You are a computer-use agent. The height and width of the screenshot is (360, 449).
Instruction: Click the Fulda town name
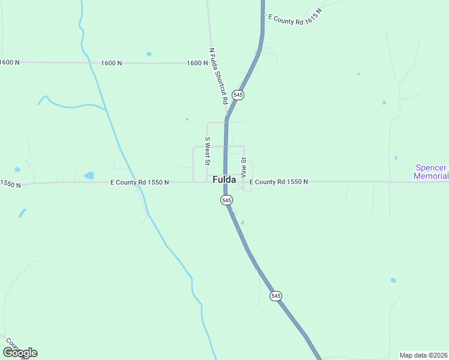coord(223,179)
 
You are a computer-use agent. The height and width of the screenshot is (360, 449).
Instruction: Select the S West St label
coord(208,151)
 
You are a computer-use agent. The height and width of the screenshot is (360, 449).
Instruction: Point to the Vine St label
coord(244,167)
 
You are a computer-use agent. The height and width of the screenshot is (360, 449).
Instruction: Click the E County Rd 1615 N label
coord(295,16)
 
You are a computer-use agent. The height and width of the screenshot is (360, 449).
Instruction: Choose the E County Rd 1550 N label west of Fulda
coord(140,182)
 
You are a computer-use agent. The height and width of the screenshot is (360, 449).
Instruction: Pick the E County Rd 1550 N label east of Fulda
coord(279,181)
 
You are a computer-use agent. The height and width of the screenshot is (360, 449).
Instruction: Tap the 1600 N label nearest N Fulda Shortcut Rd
coord(197,63)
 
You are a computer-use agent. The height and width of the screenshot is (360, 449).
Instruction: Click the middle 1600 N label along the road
coord(112,63)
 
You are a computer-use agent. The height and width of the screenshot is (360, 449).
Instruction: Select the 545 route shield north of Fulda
coord(238,95)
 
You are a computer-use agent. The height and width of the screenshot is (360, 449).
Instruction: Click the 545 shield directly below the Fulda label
coord(226,200)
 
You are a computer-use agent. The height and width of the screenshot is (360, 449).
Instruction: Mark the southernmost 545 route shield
coord(276,296)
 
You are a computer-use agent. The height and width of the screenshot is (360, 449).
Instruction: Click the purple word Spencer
coord(431,168)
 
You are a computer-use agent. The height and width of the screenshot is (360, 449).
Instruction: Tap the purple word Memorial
coord(431,176)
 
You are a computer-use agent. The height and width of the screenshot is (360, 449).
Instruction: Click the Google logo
coord(20,353)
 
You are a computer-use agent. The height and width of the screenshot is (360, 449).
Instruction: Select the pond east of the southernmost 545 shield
coord(393,280)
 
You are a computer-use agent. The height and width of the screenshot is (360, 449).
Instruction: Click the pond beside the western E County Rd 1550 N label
coord(89,176)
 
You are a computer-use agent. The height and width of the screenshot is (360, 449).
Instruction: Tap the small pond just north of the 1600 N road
coord(148,54)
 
